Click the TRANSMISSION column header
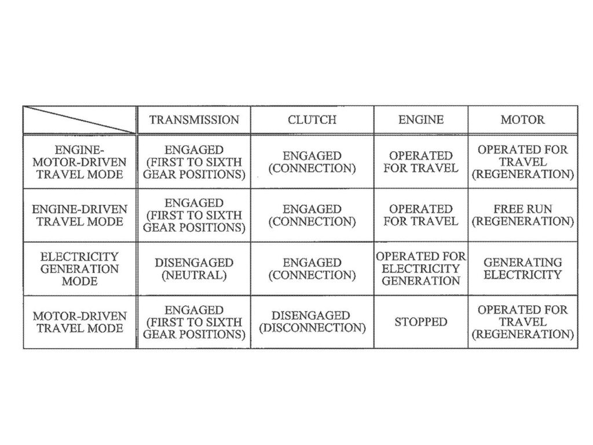pyautogui.click(x=194, y=119)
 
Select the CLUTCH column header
pyautogui.click(x=312, y=119)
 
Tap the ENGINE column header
pyautogui.click(x=421, y=119)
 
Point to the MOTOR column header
pyautogui.click(x=523, y=119)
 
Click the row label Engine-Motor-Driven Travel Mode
pyautogui.click(x=79, y=162)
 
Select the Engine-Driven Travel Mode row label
pyautogui.click(x=79, y=215)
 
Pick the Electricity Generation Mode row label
pyautogui.click(x=79, y=269)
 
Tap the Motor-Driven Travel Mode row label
pyautogui.click(x=79, y=322)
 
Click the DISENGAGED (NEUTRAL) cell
pyautogui.click(x=194, y=269)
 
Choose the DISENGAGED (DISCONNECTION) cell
pyautogui.click(x=312, y=322)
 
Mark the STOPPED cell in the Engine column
pyautogui.click(x=421, y=322)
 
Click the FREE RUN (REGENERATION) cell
pyautogui.click(x=523, y=215)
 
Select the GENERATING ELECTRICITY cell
pyautogui.click(x=523, y=268)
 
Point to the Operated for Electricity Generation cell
pyautogui.click(x=421, y=268)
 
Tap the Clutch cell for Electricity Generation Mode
pyautogui.click(x=312, y=269)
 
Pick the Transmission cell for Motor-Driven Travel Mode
pyautogui.click(x=194, y=322)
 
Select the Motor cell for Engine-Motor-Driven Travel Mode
pyautogui.click(x=523, y=162)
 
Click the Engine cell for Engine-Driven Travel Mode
pyautogui.click(x=421, y=215)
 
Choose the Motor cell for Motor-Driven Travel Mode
pyautogui.click(x=523, y=322)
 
